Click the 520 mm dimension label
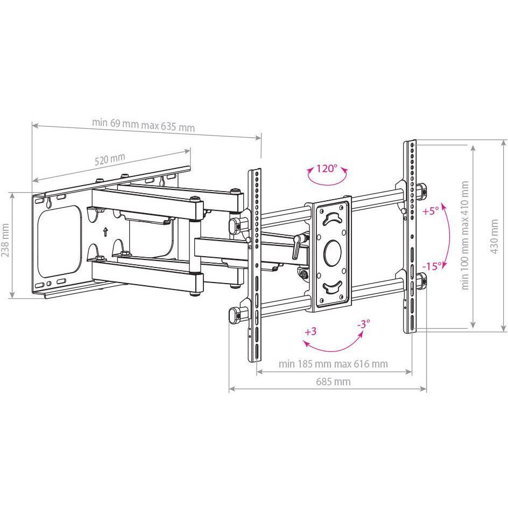click(109, 159)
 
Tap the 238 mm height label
click(5, 240)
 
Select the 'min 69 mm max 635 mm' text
click(143, 125)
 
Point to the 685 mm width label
click(333, 382)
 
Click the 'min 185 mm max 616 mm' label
click(333, 364)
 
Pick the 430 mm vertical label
click(494, 236)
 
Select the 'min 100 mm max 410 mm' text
click(465, 235)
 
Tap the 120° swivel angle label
click(327, 168)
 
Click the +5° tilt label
click(431, 211)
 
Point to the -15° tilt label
click(432, 266)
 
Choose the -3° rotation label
click(363, 323)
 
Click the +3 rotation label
click(311, 331)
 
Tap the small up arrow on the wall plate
click(105, 232)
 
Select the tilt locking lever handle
click(296, 246)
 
